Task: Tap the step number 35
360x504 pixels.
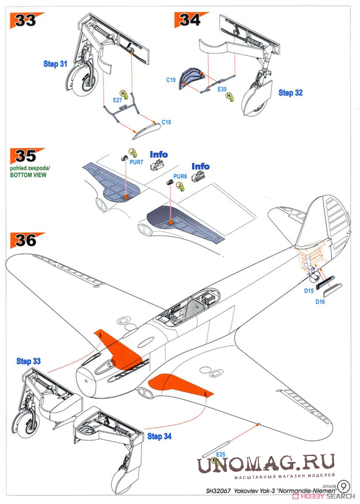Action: pyautogui.click(x=26, y=156)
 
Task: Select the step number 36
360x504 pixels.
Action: pyautogui.click(x=26, y=240)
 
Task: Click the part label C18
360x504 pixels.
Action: pyautogui.click(x=166, y=122)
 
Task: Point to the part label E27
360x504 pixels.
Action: pyautogui.click(x=118, y=100)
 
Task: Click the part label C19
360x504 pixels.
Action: pyautogui.click(x=171, y=79)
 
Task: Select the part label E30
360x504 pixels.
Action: pyautogui.click(x=222, y=89)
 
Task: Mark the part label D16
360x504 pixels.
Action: pyautogui.click(x=320, y=301)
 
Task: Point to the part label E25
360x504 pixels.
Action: pyautogui.click(x=221, y=454)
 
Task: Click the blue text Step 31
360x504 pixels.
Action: pyautogui.click(x=55, y=64)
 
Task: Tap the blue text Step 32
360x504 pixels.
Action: pyautogui.click(x=291, y=92)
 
